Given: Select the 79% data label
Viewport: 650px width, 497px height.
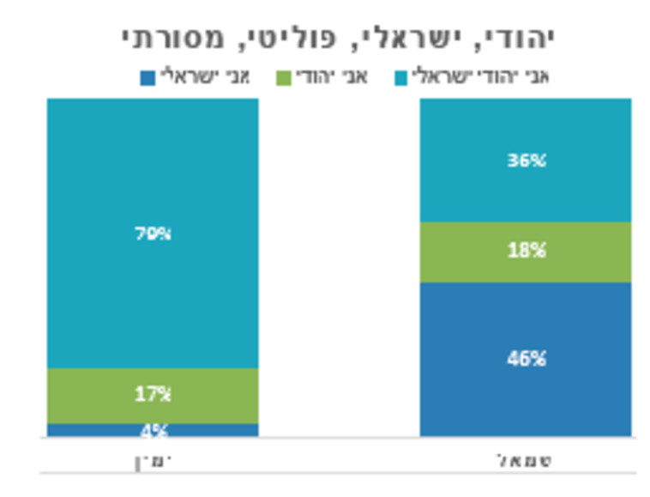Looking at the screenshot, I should point(153,233).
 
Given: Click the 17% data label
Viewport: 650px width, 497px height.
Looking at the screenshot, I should point(153,395).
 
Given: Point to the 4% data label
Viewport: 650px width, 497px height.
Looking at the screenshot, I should point(153,430).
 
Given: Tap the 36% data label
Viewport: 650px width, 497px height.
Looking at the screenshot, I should point(526,161).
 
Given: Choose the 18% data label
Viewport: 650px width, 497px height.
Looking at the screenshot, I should point(526,252).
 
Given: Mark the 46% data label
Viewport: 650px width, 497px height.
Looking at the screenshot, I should point(526,359).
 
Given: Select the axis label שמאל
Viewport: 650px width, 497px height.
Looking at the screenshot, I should point(525,460).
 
